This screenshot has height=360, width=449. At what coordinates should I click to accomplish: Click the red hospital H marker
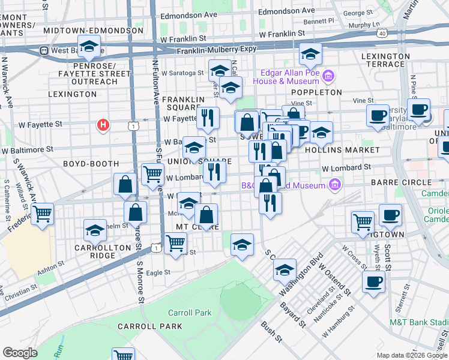coord(103,125)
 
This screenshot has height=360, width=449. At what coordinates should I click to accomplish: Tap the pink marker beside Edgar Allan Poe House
coord(328,76)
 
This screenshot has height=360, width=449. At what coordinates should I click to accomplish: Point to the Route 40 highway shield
coord(382,35)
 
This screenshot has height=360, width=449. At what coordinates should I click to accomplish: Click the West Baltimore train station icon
coord(44,50)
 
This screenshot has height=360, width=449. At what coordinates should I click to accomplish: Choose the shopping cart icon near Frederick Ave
coord(43,213)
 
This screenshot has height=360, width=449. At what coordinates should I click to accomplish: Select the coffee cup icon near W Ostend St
coord(373,281)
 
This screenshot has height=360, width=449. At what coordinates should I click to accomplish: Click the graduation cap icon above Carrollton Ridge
coord(95,231)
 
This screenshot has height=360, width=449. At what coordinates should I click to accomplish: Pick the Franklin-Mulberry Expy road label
coord(216,50)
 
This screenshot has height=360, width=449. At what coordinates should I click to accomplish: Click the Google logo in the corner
coord(20,353)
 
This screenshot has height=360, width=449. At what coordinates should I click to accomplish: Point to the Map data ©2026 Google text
coord(412,355)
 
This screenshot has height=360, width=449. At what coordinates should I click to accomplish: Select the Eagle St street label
coord(158,272)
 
